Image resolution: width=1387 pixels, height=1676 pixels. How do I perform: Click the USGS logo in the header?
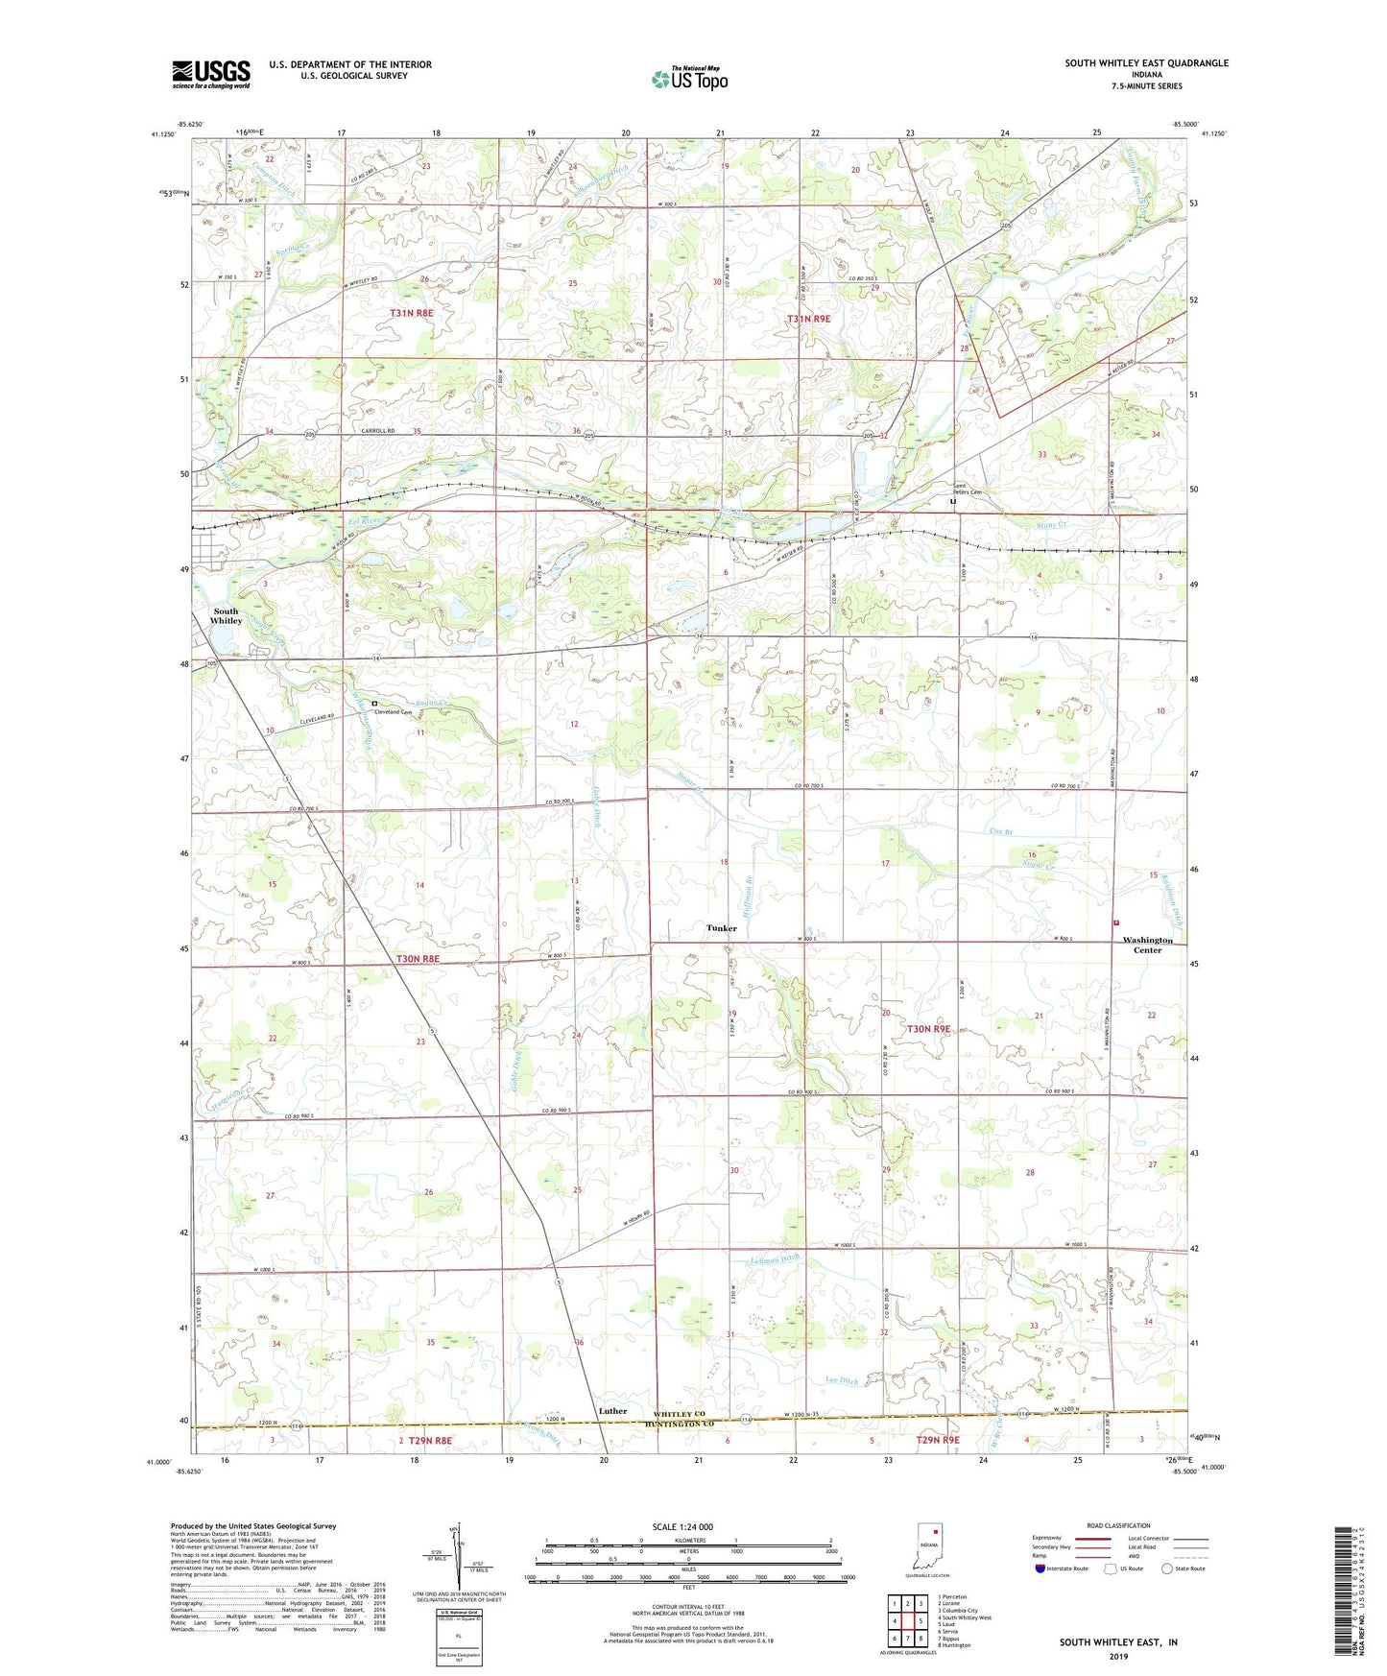tap(211, 73)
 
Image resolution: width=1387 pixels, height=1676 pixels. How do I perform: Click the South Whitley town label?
tap(227, 615)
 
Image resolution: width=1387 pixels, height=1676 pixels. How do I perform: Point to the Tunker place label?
tap(722, 928)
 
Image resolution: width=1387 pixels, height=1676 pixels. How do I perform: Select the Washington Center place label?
tap(1147, 945)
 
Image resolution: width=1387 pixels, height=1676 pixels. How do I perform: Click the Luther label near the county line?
tap(612, 1411)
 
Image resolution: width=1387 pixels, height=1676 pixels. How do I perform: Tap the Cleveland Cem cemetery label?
tap(394, 712)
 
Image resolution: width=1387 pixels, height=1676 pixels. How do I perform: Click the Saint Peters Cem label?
tap(967, 490)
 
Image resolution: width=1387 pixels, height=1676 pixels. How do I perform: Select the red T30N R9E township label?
tap(928, 1028)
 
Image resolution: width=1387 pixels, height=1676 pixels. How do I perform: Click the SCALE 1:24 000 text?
tap(682, 1527)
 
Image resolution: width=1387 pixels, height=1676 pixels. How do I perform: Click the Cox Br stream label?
tap(1000, 832)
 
